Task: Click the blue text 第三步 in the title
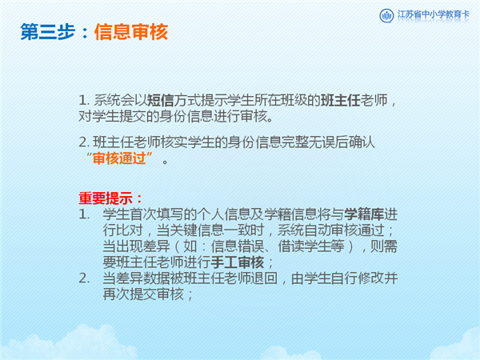[x=48, y=32]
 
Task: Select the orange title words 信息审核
[x=131, y=32]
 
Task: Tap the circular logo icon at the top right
[x=386, y=15]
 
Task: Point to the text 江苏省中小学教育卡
[x=433, y=14]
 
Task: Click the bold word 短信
[x=161, y=101]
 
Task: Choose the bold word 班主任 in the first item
[x=341, y=101]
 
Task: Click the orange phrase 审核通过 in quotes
[x=119, y=158]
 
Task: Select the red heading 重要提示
[x=106, y=198]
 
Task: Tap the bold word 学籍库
[x=364, y=214]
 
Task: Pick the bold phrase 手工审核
[x=238, y=262]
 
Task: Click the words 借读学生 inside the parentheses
[x=304, y=246]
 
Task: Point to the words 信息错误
[x=238, y=246]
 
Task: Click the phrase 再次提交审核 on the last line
[x=143, y=294]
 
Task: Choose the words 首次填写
[x=157, y=214]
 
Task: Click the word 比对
[x=130, y=230]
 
